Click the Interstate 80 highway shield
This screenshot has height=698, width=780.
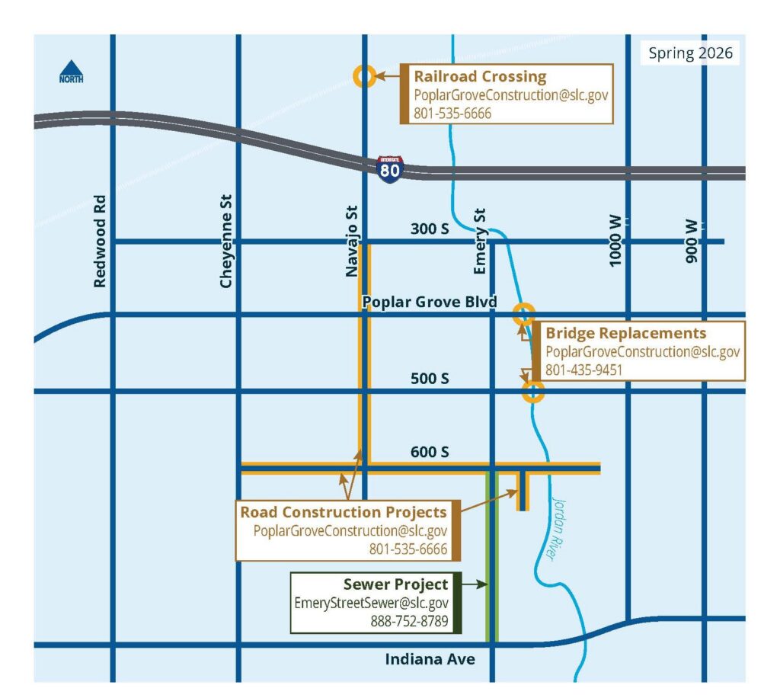389,168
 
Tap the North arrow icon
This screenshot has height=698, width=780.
72,72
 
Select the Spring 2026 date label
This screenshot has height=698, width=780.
690,53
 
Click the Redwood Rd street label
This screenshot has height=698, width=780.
99,241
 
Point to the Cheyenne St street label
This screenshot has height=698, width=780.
225,240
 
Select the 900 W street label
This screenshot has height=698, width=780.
692,242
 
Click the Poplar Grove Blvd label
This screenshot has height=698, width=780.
429,302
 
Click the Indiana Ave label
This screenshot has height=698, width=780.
430,659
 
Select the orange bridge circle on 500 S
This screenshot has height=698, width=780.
533,392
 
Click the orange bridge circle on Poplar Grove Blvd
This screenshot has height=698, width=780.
523,312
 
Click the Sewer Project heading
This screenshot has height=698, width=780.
395,585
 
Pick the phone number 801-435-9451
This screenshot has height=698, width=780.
583,370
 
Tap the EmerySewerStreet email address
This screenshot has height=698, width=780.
371,603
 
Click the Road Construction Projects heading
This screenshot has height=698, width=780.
344,511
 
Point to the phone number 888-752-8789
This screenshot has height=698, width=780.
409,620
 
